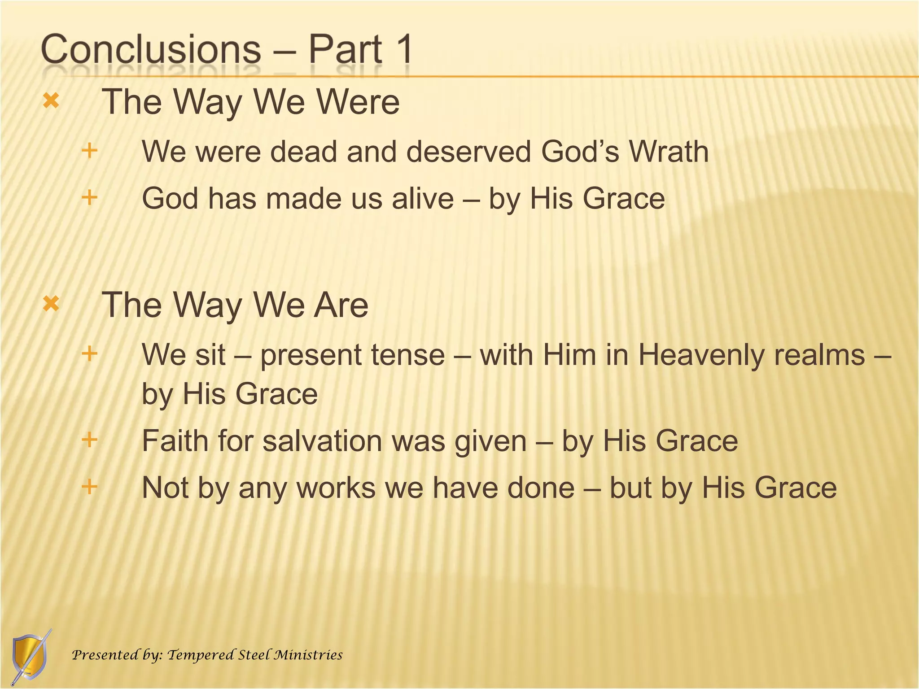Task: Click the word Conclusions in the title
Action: pyautogui.click(x=151, y=49)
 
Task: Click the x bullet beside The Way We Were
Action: pyautogui.click(x=51, y=101)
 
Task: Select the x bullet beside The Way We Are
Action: pyautogui.click(x=51, y=304)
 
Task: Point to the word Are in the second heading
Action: pyautogui.click(x=341, y=305)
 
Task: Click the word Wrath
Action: pyautogui.click(x=669, y=152)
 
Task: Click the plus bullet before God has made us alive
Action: pyautogui.click(x=90, y=197)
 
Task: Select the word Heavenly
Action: pyautogui.click(x=700, y=355)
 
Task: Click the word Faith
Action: pyautogui.click(x=175, y=440)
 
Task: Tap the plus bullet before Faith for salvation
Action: pyautogui.click(x=90, y=439)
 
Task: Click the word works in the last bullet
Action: pyautogui.click(x=336, y=488)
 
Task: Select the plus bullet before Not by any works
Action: pyautogui.click(x=90, y=486)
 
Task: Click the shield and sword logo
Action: pyautogui.click(x=30, y=657)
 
